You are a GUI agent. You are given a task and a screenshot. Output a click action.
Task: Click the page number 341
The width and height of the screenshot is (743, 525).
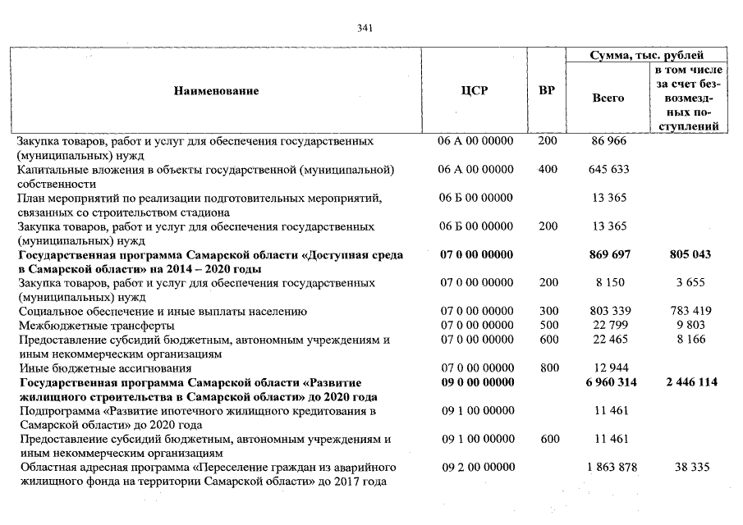click(x=366, y=28)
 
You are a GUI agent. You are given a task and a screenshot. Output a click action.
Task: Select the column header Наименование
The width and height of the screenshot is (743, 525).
click(x=216, y=91)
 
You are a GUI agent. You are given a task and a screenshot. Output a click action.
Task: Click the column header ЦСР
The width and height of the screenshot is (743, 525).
click(x=475, y=91)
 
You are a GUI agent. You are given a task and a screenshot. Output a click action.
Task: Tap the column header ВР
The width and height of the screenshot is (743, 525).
click(x=546, y=91)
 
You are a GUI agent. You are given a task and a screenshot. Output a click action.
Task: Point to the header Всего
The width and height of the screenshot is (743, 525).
click(x=608, y=98)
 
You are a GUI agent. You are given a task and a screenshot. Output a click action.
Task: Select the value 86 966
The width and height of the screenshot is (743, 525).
click(x=608, y=142)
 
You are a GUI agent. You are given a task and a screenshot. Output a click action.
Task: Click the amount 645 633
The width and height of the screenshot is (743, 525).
click(x=608, y=170)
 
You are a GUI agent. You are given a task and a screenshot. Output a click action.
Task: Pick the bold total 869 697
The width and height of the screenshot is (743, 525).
click(x=609, y=255)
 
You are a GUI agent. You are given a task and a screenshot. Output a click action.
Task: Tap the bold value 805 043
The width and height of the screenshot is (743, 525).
click(x=690, y=255)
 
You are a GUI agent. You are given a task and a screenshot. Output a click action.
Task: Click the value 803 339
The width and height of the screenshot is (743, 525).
click(x=608, y=312)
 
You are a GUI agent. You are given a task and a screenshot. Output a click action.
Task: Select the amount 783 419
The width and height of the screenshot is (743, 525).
click(x=690, y=312)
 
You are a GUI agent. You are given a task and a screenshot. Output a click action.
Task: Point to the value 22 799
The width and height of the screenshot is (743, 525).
click(x=608, y=326)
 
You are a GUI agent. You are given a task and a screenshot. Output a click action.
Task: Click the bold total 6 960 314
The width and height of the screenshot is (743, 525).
click(x=608, y=382)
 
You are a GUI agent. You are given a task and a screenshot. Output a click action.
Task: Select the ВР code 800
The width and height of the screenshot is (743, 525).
click(x=548, y=368)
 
